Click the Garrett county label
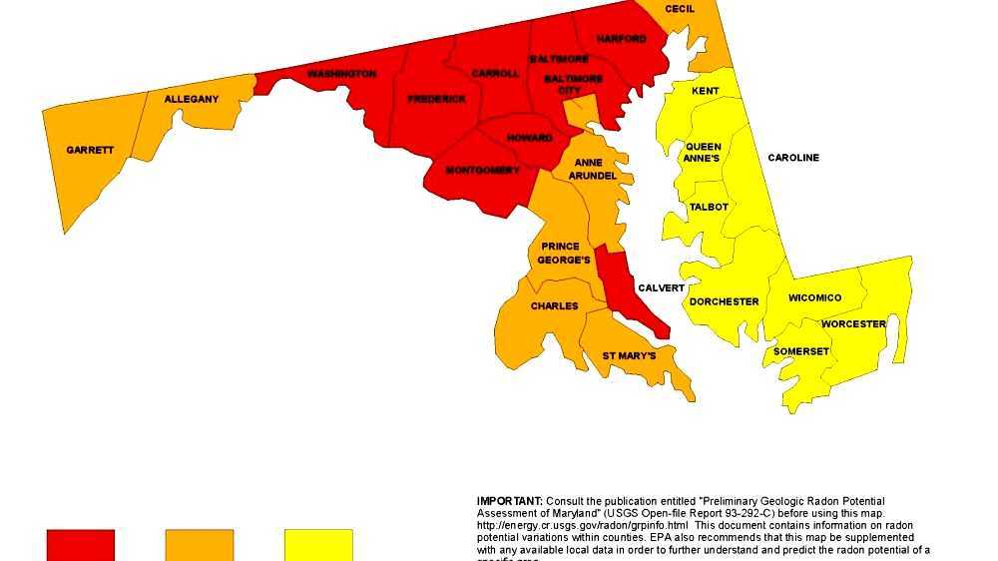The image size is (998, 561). pyautogui.click(x=90, y=150)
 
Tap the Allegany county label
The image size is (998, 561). pyautogui.click(x=191, y=99)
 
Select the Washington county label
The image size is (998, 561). pyautogui.click(x=341, y=74)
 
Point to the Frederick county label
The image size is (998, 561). pyautogui.click(x=436, y=99)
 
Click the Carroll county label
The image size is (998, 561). pyautogui.click(x=495, y=73)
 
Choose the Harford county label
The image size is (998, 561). pyautogui.click(x=621, y=39)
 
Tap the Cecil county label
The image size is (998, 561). pyautogui.click(x=680, y=9)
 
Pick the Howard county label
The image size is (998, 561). pyautogui.click(x=529, y=138)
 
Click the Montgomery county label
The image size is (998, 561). pyautogui.click(x=482, y=170)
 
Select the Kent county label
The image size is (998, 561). pyautogui.click(x=705, y=91)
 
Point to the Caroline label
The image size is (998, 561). pyautogui.click(x=793, y=158)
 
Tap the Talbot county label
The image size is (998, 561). pyautogui.click(x=709, y=207)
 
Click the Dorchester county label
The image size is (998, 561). pyautogui.click(x=724, y=301)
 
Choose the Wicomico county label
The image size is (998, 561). pyautogui.click(x=814, y=297)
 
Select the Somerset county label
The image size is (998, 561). pyautogui.click(x=800, y=351)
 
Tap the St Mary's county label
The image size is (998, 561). pyautogui.click(x=629, y=355)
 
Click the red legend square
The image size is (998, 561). pyautogui.click(x=81, y=545)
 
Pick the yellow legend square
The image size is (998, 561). pyautogui.click(x=318, y=545)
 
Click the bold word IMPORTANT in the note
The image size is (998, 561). pyautogui.click(x=509, y=500)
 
